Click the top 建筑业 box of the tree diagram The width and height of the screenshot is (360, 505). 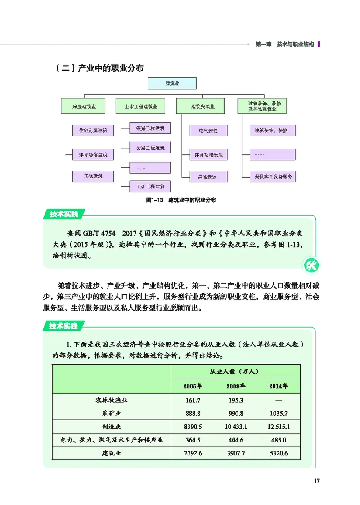[173, 83]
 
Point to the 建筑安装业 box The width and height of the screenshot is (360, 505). [203, 107]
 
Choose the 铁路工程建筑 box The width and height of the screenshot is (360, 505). [150, 129]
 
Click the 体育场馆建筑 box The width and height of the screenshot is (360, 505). [93, 155]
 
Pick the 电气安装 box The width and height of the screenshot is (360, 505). [208, 131]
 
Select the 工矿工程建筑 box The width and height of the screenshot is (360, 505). [150, 185]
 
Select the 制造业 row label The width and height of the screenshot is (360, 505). [112, 426]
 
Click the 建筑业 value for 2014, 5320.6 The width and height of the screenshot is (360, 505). [279, 453]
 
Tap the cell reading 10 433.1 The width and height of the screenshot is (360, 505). [236, 426]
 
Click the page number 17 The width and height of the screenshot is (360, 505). [316, 481]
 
